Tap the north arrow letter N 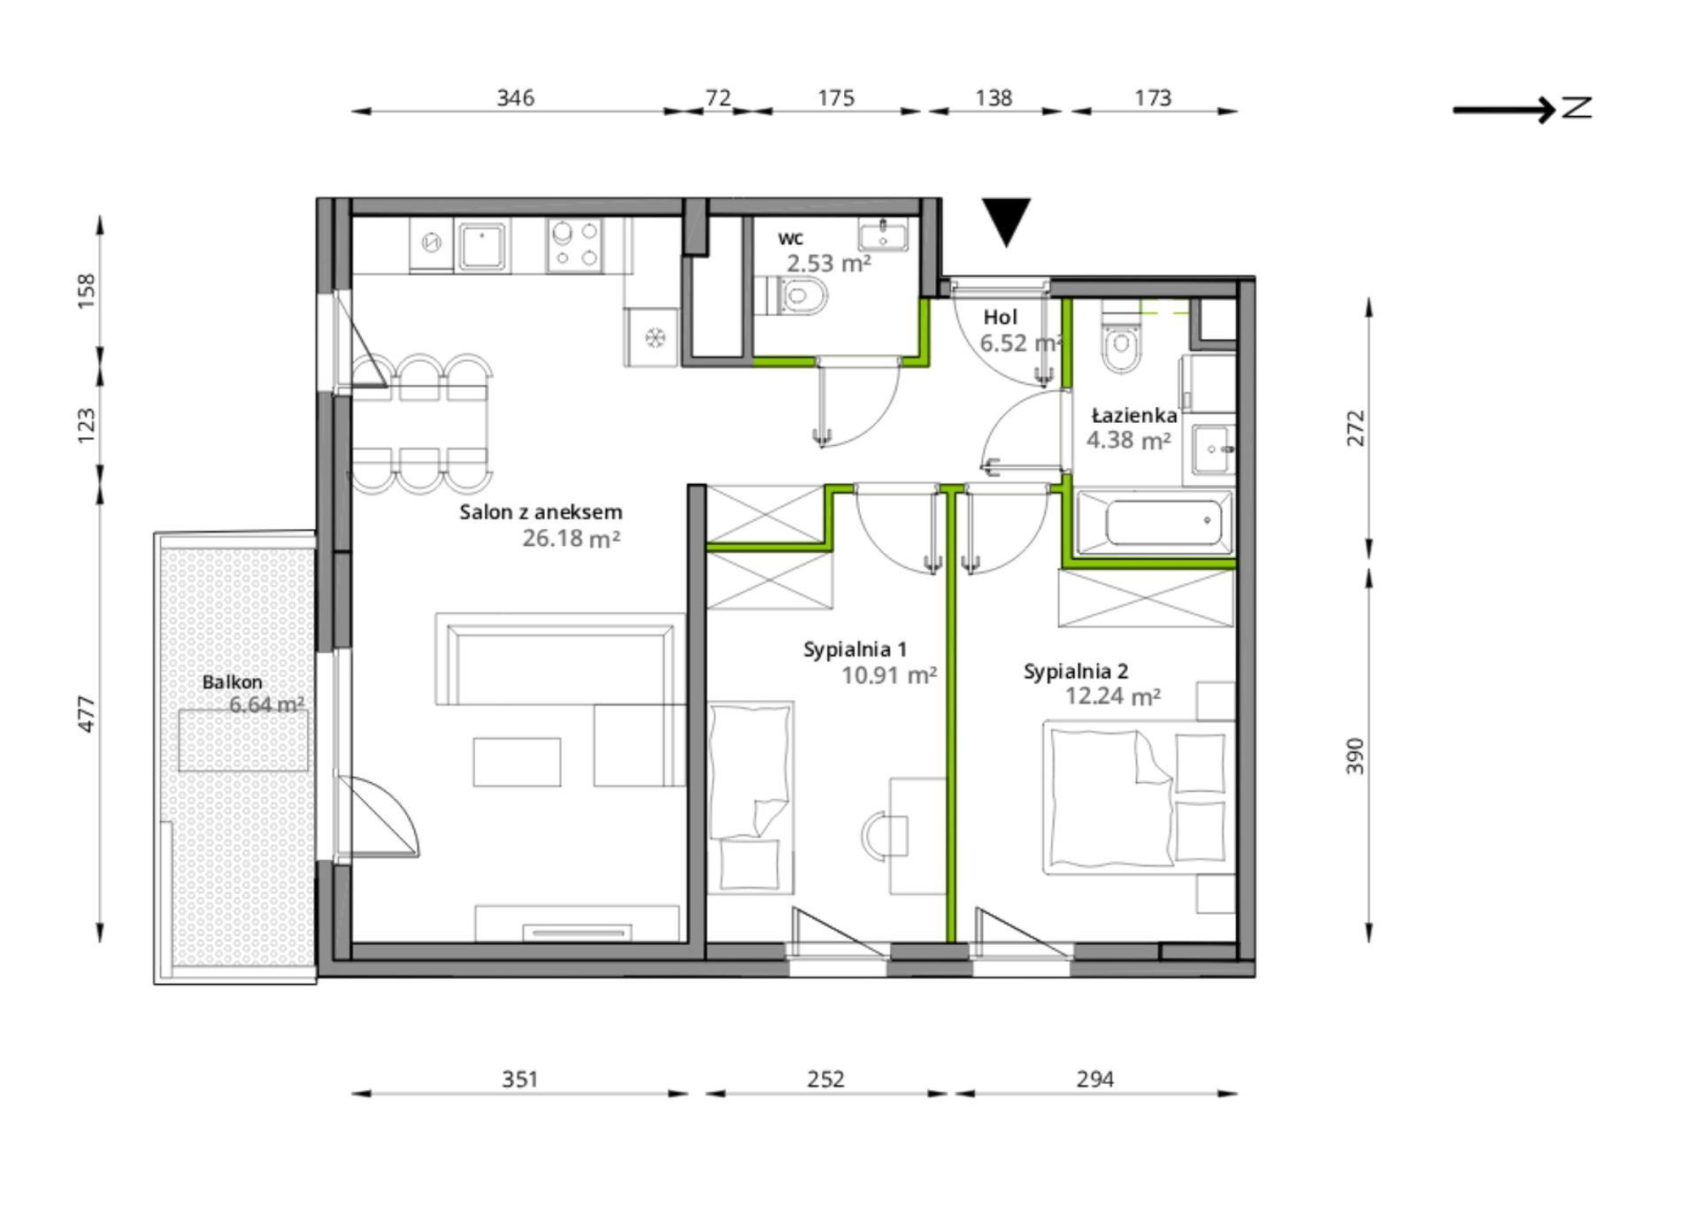(x=1577, y=108)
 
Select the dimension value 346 (x=515, y=97)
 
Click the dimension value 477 (x=86, y=714)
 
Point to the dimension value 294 (x=1094, y=1079)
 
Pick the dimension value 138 (x=994, y=97)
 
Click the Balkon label (x=232, y=682)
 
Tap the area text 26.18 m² (x=571, y=538)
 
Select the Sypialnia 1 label (x=855, y=650)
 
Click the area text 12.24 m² (x=1113, y=696)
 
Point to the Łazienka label (x=1134, y=415)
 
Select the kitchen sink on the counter (x=481, y=246)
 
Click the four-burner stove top (x=574, y=246)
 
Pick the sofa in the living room (x=561, y=659)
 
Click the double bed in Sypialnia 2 (x=1139, y=797)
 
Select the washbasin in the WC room (x=883, y=236)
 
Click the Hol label (x=1000, y=317)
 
